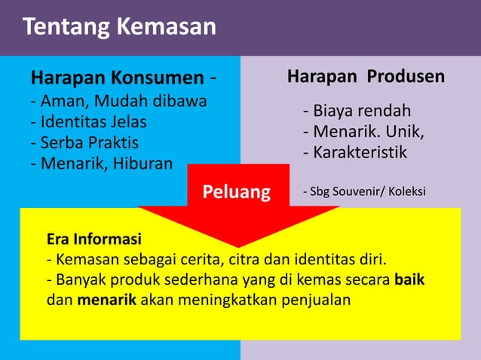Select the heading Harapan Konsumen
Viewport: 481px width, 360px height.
pos(117,78)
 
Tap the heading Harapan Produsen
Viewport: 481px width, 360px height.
pos(366,77)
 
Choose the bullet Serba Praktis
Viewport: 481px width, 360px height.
pos(84,142)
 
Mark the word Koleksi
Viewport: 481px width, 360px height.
pos(408,192)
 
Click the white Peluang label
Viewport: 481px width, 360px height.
pos(237,192)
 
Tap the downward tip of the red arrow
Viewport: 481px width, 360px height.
pos(238,244)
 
